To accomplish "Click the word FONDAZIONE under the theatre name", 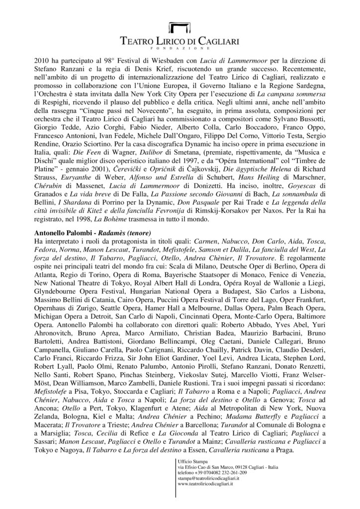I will (x=180, y=49).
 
